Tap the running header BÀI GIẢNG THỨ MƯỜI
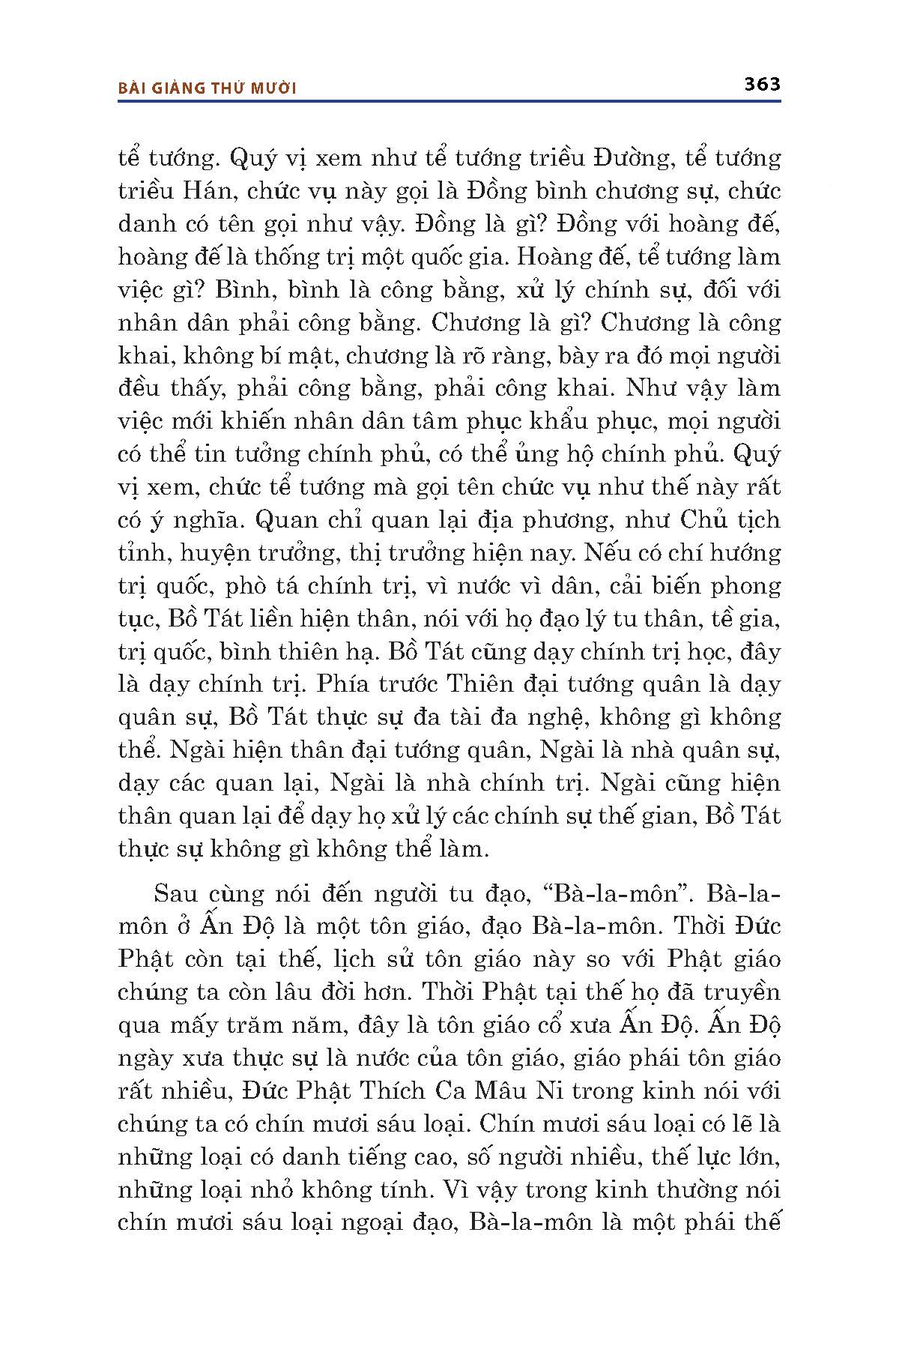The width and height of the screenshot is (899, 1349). tap(208, 88)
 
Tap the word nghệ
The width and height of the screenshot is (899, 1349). tap(557, 717)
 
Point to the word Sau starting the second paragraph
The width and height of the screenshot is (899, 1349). tap(176, 893)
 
